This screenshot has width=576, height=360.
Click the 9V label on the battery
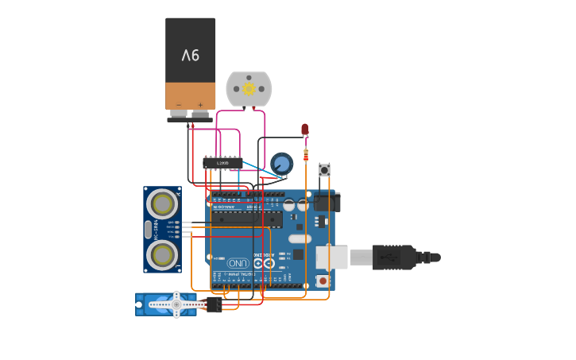click(x=191, y=56)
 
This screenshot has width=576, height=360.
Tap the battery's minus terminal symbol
click(x=179, y=105)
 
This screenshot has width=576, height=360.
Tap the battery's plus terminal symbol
click(x=200, y=105)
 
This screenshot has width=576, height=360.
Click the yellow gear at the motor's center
click(x=249, y=88)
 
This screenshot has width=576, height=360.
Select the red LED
click(x=305, y=130)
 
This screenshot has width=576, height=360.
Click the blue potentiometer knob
click(x=281, y=164)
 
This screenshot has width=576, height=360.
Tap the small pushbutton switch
click(x=324, y=169)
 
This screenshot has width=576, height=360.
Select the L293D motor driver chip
click(x=222, y=162)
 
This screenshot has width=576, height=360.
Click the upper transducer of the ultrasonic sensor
click(x=163, y=204)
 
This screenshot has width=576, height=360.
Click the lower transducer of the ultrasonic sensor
click(x=163, y=255)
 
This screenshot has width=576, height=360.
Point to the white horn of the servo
click(x=176, y=304)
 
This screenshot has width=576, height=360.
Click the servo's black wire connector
click(x=213, y=304)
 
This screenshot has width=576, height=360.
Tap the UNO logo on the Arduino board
click(x=238, y=263)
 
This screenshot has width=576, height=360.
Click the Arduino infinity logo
click(x=262, y=262)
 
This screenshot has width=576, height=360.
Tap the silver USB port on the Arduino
click(x=331, y=257)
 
